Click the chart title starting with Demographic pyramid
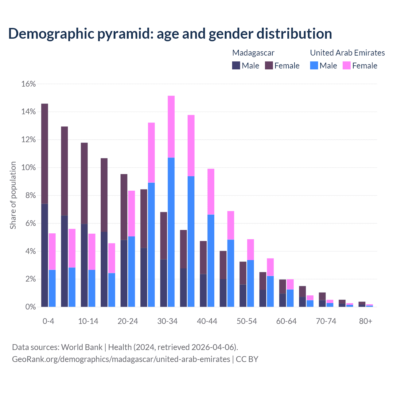coord(170,34)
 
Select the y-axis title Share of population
coord(13,195)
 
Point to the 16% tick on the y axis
coord(28,84)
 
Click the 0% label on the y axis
coord(30,307)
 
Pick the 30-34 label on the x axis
coord(167,321)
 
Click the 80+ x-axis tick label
coord(366,321)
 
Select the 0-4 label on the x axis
coord(49,321)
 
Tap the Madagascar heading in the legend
coord(253,53)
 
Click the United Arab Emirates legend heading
coord(347,53)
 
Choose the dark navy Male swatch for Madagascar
coord(236,65)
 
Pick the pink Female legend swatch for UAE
coord(346,65)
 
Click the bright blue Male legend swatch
coord(314,65)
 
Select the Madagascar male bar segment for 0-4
coord(45,255)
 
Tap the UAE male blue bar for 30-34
coord(171,232)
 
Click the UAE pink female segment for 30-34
coord(171,126)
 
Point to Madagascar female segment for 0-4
coord(45,154)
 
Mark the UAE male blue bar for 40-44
coord(211,261)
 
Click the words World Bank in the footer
coord(82,347)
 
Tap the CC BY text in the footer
coord(247,359)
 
